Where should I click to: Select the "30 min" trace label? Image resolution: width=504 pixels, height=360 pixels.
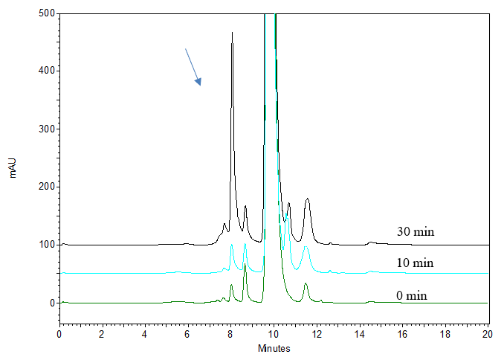[415, 231]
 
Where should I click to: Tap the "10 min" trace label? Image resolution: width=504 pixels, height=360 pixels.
[415, 263]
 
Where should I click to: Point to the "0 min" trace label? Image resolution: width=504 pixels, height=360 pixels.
[412, 295]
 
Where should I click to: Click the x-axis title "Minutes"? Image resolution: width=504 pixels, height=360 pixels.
[274, 349]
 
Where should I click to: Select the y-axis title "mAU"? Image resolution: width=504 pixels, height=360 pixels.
[13, 167]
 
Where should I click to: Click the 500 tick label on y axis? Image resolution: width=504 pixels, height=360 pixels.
[45, 13]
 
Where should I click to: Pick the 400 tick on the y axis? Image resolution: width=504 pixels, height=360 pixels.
[45, 71]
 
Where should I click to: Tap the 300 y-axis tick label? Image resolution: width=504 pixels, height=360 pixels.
[45, 129]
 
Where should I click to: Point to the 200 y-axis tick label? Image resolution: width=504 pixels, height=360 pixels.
[45, 187]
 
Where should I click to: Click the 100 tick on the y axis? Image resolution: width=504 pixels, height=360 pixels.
[45, 245]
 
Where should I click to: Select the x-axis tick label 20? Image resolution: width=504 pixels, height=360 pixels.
[488, 334]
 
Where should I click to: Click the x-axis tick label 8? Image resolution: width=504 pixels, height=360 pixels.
[230, 334]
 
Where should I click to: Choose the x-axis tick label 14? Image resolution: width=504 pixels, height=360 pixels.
[359, 334]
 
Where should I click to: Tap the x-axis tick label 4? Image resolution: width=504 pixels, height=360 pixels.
[145, 334]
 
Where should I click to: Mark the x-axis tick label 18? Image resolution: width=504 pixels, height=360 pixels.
[445, 334]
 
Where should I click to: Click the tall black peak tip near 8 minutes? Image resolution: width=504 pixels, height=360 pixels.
[232, 33]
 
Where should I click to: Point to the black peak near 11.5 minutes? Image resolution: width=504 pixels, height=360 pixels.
[307, 199]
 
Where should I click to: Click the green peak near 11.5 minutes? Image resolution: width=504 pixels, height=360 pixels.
[306, 283]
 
